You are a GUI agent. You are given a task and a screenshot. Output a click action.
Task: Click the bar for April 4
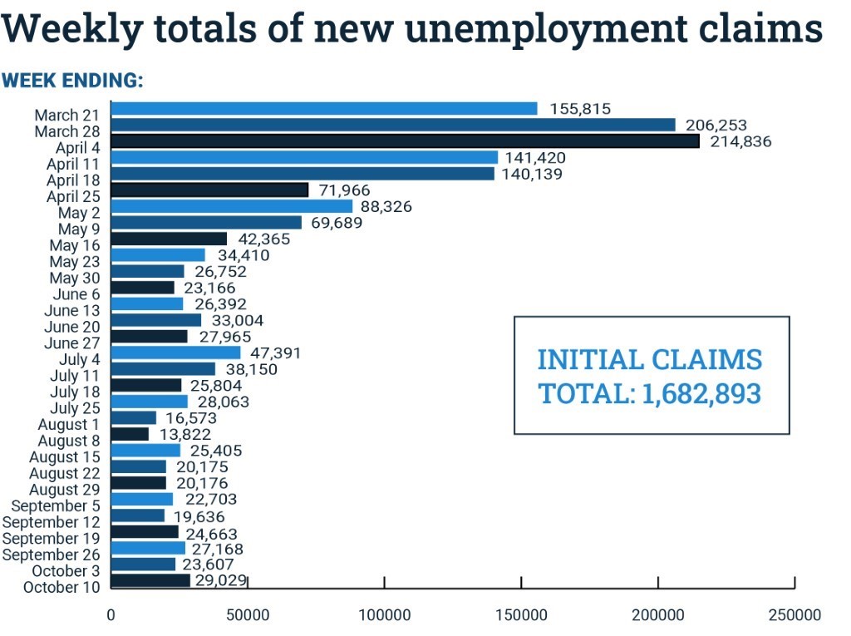point(406,141)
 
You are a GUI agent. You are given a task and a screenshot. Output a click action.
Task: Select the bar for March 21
point(324,108)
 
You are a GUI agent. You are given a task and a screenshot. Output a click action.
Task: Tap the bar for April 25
point(209,190)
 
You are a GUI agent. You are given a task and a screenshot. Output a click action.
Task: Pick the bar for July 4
point(175,353)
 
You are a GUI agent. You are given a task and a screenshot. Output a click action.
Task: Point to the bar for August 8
point(130,434)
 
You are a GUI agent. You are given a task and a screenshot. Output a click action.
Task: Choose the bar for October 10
point(150,580)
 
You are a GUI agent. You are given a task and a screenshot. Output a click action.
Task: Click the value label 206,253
point(716,125)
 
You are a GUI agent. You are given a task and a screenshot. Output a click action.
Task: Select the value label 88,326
point(386,206)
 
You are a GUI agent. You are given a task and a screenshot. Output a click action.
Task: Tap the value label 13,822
point(184,434)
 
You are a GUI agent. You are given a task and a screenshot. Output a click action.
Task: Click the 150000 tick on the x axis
point(521,615)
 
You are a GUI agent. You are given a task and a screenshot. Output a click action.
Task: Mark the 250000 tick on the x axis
point(794,615)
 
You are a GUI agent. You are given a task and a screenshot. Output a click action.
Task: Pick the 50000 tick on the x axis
point(248,615)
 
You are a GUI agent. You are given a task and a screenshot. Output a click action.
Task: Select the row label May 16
point(75,245)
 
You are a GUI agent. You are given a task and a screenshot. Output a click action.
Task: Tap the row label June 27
point(72,343)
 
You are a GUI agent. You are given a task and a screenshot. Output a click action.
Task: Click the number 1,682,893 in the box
point(701,393)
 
